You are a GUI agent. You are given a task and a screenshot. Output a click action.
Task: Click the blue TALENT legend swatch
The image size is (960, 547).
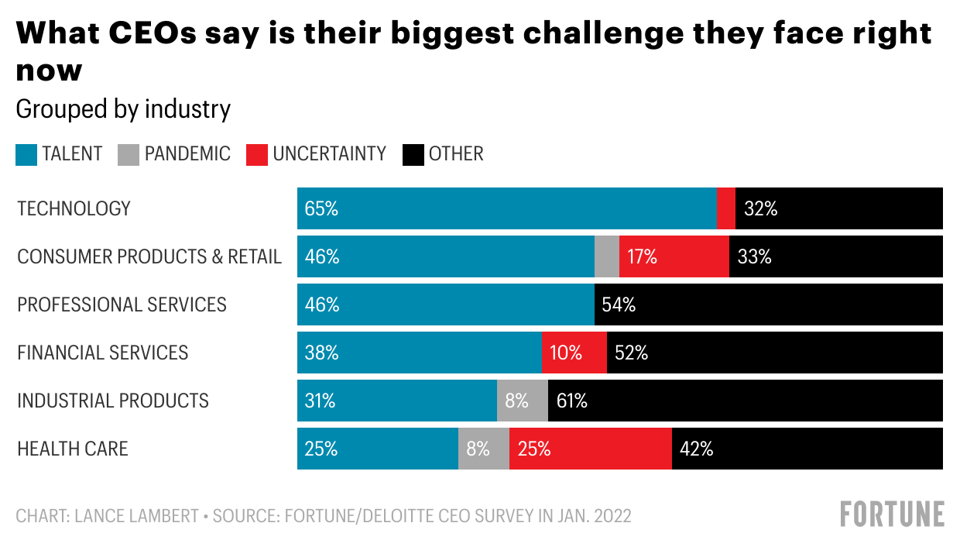pos(26,154)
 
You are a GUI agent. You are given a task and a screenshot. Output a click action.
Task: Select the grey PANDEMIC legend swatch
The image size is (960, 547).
pos(129,154)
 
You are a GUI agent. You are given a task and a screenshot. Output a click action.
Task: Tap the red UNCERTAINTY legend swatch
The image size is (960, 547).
pos(257,154)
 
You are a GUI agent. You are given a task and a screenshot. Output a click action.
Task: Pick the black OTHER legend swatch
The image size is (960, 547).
pos(413,154)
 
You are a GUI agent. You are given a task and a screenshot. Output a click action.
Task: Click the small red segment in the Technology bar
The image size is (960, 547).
pos(726,208)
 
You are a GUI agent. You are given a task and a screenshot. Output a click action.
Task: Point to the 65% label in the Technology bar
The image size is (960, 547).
pos(321,208)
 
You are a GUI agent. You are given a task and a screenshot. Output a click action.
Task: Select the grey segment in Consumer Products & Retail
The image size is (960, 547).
pos(607,256)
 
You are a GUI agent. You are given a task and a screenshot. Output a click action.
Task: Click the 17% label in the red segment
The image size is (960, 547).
pos(642,256)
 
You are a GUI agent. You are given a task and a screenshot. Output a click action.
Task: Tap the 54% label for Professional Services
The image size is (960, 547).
pos(619,304)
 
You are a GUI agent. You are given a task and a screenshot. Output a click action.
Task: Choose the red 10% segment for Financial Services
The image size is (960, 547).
pos(574,353)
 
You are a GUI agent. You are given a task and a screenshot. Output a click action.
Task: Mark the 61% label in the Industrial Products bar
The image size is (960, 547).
pos(572,401)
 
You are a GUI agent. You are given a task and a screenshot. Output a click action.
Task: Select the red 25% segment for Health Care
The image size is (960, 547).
pos(590,449)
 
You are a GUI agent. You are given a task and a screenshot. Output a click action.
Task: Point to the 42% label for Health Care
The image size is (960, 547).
pos(696,449)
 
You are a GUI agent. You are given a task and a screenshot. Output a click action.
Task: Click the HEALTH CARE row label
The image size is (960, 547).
pos(73,449)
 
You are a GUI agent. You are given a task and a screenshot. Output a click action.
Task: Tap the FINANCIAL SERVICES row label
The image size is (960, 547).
pos(103,353)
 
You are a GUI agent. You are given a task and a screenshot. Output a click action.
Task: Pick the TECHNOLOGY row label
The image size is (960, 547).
pos(74,208)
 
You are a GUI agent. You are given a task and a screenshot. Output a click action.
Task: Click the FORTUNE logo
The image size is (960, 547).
pos(893,514)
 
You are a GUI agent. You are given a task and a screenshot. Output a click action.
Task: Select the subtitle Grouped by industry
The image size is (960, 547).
pos(123,109)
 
